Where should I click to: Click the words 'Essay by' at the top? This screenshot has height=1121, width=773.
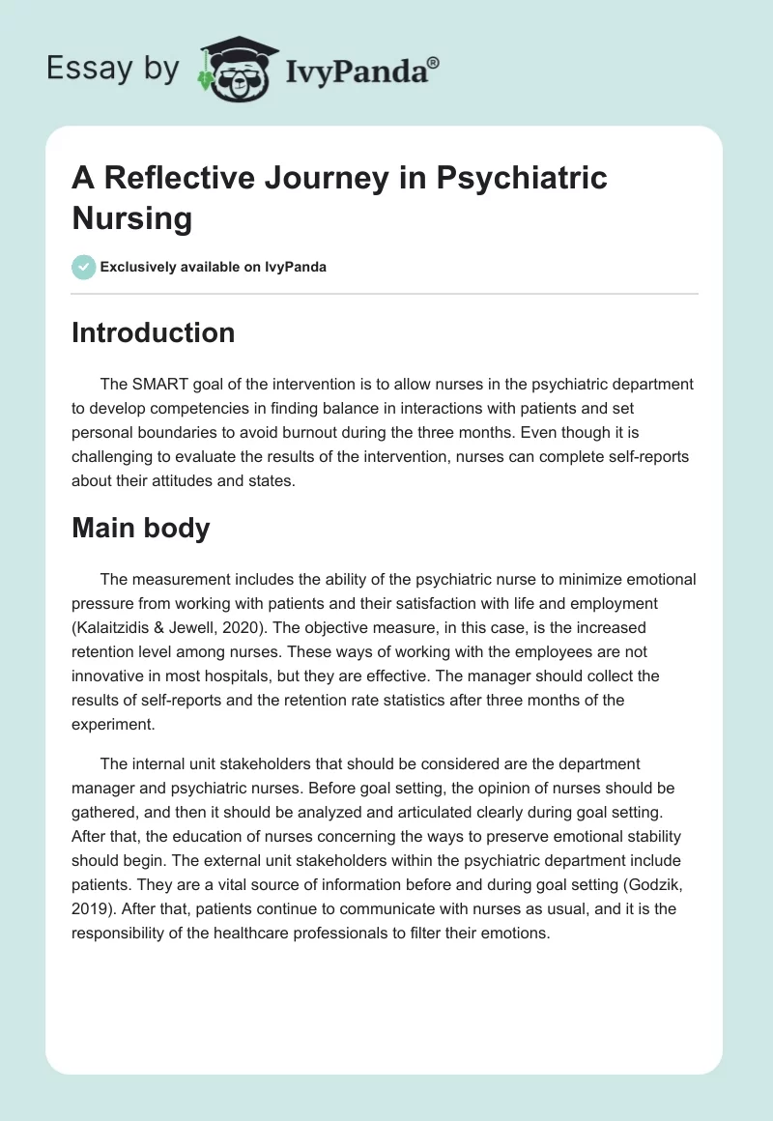112,69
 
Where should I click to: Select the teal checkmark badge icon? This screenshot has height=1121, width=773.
84,267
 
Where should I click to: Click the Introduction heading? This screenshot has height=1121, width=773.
154,333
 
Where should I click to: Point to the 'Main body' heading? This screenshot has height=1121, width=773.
140,529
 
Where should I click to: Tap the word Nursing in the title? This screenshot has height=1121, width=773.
132,218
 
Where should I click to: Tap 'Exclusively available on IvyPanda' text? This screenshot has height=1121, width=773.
213,267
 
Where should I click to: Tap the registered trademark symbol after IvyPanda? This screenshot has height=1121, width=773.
433,61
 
